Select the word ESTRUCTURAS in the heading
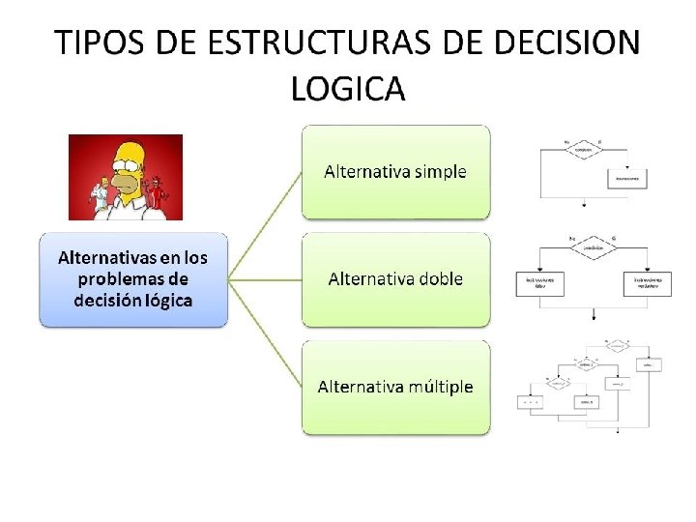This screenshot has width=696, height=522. pyautogui.click(x=298, y=44)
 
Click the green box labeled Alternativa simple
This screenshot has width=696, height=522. pyautogui.click(x=395, y=172)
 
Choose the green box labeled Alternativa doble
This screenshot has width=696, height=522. pyautogui.click(x=395, y=279)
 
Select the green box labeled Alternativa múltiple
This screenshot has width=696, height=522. pyautogui.click(x=395, y=387)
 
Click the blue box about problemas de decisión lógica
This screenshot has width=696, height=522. pyautogui.click(x=133, y=279)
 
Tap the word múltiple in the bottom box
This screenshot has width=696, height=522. pyautogui.click(x=434, y=387)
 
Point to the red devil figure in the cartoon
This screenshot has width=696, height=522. pyautogui.click(x=161, y=194)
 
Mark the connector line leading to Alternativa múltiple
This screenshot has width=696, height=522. pyautogui.click(x=265, y=333)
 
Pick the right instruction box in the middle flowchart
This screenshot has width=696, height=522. pyautogui.click(x=647, y=283)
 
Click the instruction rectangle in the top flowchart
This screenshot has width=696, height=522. pyautogui.click(x=627, y=180)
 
